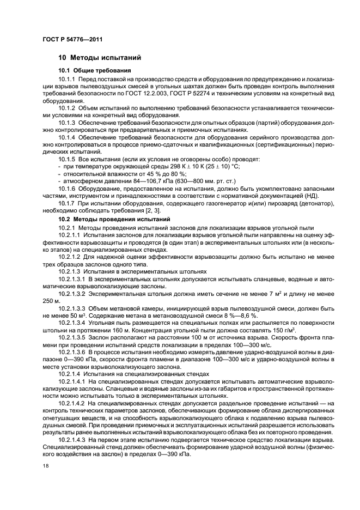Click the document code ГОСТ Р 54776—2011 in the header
[x=72, y=39]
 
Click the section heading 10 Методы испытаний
[x=100, y=57]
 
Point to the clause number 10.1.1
[x=66, y=80]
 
